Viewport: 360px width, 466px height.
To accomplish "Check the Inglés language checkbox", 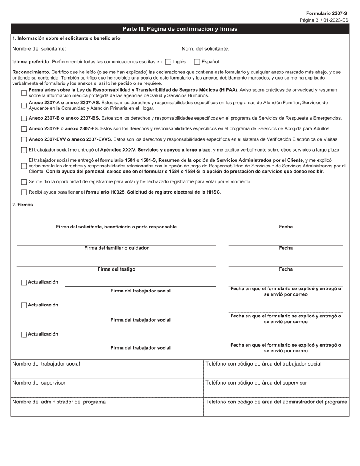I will click(x=168, y=62).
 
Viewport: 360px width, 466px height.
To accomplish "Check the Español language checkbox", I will click(x=197, y=62).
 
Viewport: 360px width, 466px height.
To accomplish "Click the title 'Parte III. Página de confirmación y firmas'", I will click(x=180, y=29).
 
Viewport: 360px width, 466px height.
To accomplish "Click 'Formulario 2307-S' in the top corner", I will click(x=326, y=13).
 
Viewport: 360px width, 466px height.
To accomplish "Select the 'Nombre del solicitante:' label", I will click(x=39, y=48).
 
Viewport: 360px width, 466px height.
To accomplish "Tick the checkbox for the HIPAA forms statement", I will click(x=24, y=93).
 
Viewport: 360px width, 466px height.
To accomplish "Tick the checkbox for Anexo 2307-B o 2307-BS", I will click(x=24, y=118).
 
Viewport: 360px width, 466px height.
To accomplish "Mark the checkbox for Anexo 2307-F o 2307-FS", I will click(x=24, y=129).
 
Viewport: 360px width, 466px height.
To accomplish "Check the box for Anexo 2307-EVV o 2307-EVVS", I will click(x=24, y=139).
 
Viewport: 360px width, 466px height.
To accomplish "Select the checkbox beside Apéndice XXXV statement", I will click(x=24, y=150).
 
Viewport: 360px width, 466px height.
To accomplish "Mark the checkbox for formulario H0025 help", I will click(x=24, y=192).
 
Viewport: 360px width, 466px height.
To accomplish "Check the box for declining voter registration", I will click(x=24, y=182).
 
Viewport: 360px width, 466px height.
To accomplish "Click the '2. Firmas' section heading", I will click(x=22, y=205).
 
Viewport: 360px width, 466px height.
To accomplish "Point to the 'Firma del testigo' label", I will click(x=116, y=269).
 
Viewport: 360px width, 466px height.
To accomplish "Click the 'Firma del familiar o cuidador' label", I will click(x=116, y=248).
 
